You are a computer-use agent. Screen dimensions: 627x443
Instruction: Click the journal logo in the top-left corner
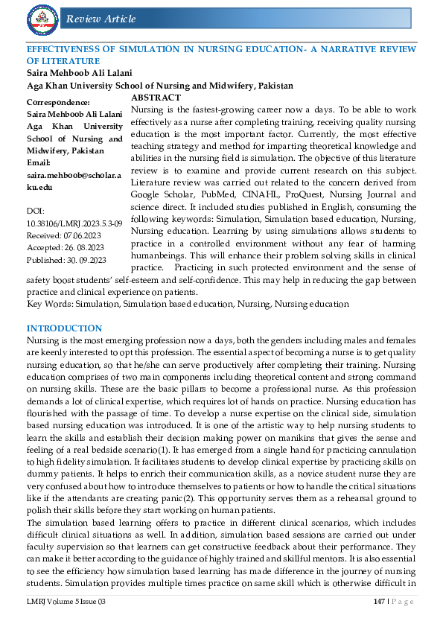tap(42, 18)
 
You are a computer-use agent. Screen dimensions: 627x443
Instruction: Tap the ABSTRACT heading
tap(156, 98)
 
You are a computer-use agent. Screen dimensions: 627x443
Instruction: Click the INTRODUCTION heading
tap(64, 328)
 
